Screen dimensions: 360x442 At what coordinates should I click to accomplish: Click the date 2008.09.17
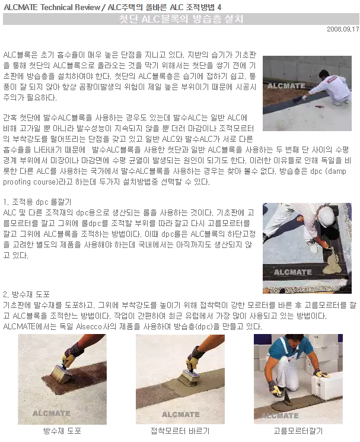click(x=343, y=29)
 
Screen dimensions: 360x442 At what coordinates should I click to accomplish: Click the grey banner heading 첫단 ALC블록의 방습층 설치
click(x=181, y=19)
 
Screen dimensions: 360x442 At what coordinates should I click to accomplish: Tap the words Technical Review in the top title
click(x=70, y=7)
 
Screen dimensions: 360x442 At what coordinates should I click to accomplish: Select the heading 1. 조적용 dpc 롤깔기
click(x=37, y=202)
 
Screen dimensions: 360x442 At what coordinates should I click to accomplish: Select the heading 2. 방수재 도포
click(x=27, y=295)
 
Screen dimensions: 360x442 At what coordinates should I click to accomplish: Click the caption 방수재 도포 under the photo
click(x=62, y=431)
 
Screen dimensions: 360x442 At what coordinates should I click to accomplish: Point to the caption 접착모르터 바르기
click(x=180, y=431)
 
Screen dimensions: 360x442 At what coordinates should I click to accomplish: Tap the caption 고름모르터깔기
click(x=298, y=431)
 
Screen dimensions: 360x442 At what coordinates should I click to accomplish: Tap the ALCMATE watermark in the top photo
click(x=286, y=85)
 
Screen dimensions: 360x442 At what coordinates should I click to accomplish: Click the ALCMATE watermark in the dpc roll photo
click(x=292, y=272)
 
